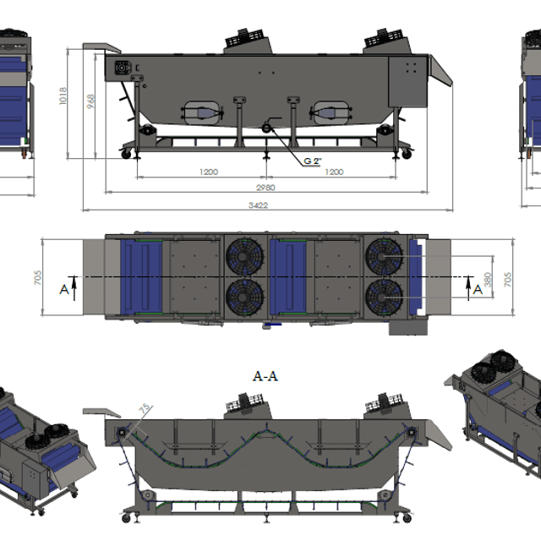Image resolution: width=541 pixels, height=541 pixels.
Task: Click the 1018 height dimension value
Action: [x=63, y=96]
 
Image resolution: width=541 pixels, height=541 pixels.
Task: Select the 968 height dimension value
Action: [x=90, y=101]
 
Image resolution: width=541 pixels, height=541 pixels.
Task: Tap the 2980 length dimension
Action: [x=265, y=188]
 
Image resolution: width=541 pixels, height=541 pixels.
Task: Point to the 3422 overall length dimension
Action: [x=258, y=205]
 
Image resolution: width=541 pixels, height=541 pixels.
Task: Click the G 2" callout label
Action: [x=312, y=161]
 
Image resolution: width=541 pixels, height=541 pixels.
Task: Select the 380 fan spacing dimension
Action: [x=487, y=280]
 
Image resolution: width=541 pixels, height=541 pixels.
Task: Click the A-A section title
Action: [x=265, y=375]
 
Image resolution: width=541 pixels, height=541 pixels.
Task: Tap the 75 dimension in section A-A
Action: [x=145, y=408]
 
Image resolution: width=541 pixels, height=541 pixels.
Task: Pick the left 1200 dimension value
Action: [x=209, y=172]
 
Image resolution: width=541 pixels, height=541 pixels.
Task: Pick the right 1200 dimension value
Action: [x=334, y=172]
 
